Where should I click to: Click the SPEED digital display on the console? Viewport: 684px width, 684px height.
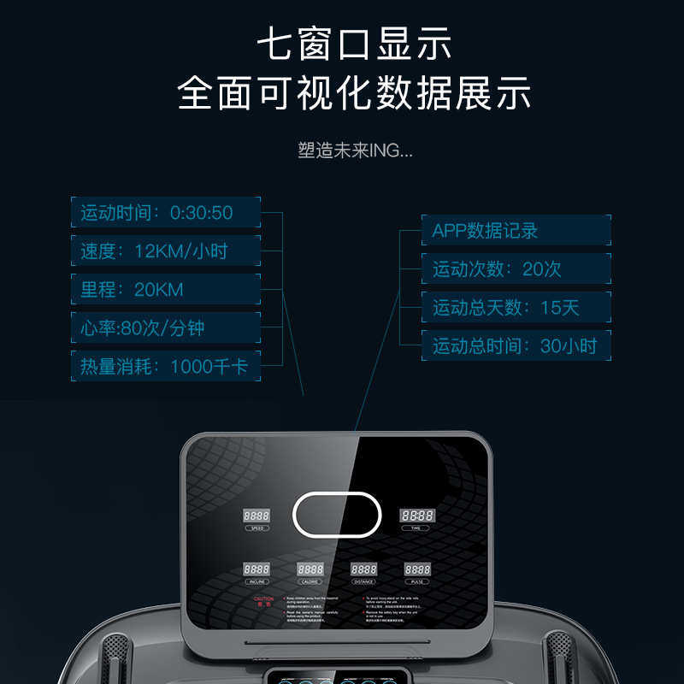[256, 516]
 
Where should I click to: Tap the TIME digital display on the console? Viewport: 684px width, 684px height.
[416, 516]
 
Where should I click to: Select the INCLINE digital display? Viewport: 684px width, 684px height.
[256, 569]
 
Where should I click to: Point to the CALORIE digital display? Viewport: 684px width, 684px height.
[310, 569]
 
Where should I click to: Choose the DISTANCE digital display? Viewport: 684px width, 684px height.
[363, 569]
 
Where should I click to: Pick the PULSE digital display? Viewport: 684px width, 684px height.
[417, 569]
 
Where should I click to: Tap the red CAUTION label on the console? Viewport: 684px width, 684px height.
[263, 602]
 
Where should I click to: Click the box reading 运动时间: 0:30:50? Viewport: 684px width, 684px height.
[165, 212]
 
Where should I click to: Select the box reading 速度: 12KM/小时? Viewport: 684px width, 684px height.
[165, 251]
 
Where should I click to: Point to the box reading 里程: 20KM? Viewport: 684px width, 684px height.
[165, 289]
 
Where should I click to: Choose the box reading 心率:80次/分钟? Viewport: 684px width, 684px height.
[165, 327]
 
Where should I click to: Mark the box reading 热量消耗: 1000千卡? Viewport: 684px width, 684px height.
[165, 366]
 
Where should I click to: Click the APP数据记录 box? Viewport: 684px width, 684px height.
[516, 231]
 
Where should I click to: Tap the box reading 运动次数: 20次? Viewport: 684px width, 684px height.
[516, 269]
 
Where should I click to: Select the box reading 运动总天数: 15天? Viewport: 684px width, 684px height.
[516, 308]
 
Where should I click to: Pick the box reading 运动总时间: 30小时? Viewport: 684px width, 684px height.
[516, 346]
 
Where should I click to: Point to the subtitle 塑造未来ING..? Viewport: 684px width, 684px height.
[355, 151]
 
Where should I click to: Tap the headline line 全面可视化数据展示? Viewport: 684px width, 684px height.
[354, 93]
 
